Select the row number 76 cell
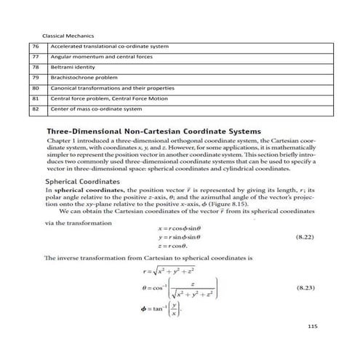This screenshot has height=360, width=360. [36, 47]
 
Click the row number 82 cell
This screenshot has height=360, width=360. [36, 109]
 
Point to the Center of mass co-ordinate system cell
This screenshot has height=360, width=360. [96, 109]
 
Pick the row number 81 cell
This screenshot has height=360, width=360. [36, 99]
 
